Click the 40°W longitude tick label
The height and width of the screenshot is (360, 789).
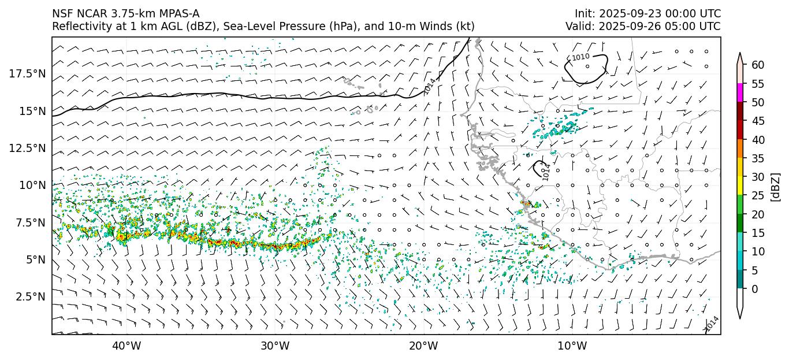pyautogui.click(x=126, y=346)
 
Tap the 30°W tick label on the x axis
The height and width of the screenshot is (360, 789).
pyautogui.click(x=275, y=346)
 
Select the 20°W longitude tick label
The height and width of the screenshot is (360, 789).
pyautogui.click(x=423, y=346)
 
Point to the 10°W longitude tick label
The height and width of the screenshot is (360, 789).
pyautogui.click(x=572, y=346)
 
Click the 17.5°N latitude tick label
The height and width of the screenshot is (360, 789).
pyautogui.click(x=27, y=73)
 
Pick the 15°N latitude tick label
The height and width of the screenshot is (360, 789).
pyautogui.click(x=32, y=111)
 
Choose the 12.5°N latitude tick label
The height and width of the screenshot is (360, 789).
pyautogui.click(x=27, y=148)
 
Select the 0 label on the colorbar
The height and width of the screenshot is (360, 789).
pyautogui.click(x=754, y=289)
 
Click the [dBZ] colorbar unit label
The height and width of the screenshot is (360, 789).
pyautogui.click(x=776, y=186)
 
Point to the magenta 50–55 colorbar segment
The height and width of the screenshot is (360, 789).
pyautogui.click(x=740, y=93)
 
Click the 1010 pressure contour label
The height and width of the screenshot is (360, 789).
pyautogui.click(x=580, y=57)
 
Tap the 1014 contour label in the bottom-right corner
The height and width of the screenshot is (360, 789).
pyautogui.click(x=712, y=324)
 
